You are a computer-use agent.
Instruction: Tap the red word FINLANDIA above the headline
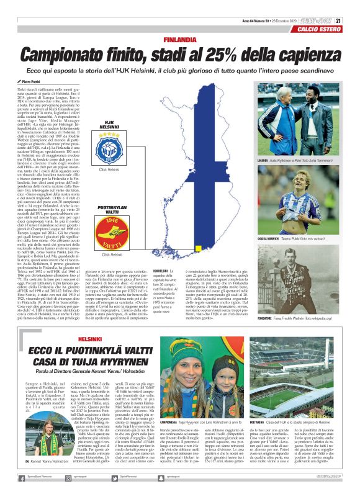[180, 40]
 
